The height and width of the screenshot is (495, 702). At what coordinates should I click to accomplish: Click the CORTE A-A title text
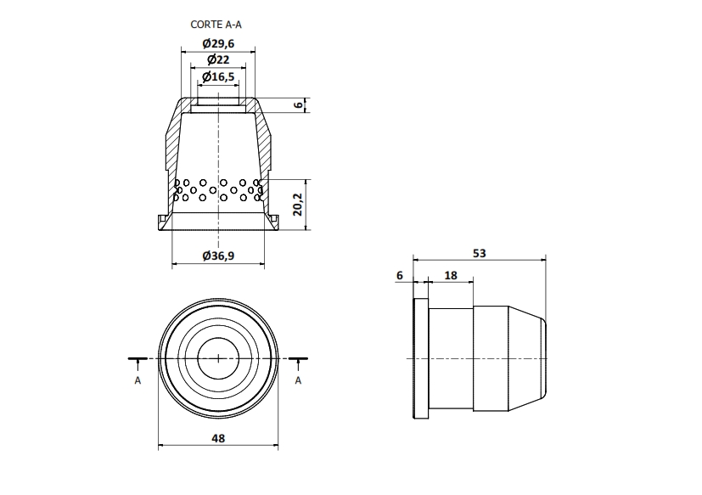(x=216, y=25)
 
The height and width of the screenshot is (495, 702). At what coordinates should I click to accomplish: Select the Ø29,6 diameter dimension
(x=218, y=43)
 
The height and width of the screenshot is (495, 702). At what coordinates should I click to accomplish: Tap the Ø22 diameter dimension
(x=218, y=59)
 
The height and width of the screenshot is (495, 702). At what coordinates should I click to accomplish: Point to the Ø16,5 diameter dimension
(x=218, y=76)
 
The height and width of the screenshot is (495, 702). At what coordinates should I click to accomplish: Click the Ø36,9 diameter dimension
(x=218, y=256)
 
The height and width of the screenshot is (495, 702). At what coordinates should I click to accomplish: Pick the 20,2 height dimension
(x=298, y=205)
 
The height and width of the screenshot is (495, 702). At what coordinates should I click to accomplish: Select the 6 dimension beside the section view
(x=298, y=104)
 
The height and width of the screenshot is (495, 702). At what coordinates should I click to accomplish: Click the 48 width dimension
(x=218, y=438)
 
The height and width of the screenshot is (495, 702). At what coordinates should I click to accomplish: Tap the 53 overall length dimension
(x=479, y=253)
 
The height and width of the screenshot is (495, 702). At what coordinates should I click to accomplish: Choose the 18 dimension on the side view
(x=451, y=275)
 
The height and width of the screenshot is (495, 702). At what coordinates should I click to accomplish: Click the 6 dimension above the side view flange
(x=400, y=275)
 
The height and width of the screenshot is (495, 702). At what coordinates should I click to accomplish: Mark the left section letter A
(x=138, y=380)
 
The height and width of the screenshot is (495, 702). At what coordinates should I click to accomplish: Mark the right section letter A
(x=298, y=380)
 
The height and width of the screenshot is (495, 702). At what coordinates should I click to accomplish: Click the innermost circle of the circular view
(x=218, y=338)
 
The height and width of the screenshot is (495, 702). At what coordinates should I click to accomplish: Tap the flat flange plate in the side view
(x=421, y=358)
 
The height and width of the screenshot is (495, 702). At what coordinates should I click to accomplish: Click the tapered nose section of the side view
(x=527, y=358)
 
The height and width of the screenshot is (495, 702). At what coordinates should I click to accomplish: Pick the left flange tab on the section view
(x=164, y=222)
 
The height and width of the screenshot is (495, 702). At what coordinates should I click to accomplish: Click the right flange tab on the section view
(x=272, y=222)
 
